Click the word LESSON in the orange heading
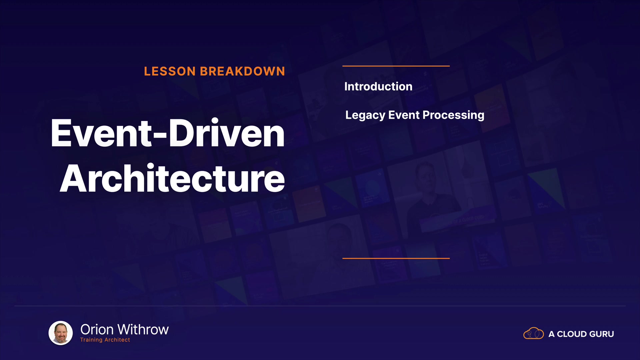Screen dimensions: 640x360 tap(170, 71)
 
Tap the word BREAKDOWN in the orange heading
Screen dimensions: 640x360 tap(242, 71)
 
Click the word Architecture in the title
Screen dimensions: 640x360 tap(172, 178)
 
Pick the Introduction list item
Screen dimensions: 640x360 tap(378, 87)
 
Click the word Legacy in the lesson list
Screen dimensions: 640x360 tap(365, 115)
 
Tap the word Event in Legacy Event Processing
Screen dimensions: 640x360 tap(404, 115)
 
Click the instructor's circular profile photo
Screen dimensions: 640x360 tap(61, 333)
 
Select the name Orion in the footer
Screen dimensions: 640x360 tap(97, 330)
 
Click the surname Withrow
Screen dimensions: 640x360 tap(143, 330)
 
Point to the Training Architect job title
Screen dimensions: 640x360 tap(105, 340)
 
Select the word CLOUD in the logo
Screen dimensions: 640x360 tap(572, 334)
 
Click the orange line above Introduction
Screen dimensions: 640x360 tap(396, 66)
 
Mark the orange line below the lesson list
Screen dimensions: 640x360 tap(396, 258)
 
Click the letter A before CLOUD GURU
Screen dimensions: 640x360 tap(552, 334)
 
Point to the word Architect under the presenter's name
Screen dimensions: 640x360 tap(117, 340)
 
